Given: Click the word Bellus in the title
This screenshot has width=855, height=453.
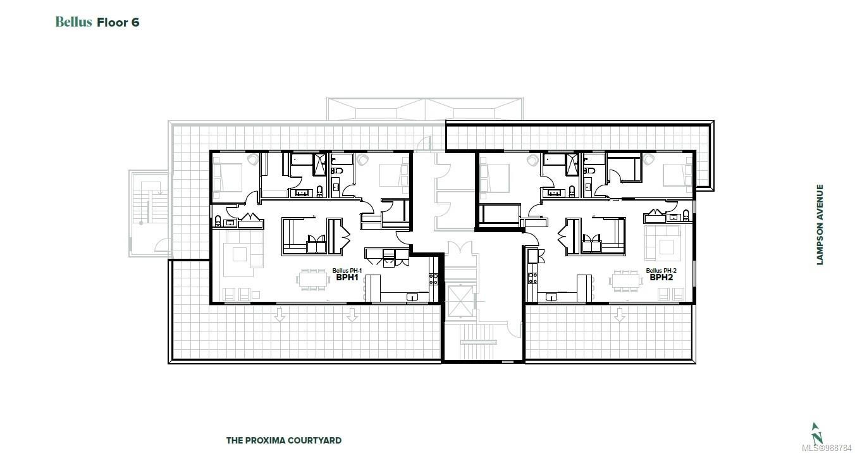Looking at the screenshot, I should [74, 22].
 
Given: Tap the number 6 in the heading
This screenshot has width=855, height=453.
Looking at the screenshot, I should [135, 22].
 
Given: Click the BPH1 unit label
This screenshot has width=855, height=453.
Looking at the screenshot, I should [347, 277].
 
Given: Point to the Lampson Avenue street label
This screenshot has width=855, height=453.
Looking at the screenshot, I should [820, 225].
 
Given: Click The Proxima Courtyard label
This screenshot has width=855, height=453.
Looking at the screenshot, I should [284, 440].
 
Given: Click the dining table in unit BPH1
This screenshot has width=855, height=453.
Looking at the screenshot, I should [314, 279].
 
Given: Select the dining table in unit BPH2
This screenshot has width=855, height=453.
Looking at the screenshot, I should [626, 279].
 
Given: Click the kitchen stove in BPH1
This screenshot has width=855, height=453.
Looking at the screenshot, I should [434, 278].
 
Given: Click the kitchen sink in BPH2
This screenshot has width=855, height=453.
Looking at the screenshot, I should [552, 296].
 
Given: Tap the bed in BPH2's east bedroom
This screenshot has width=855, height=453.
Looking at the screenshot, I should [677, 174].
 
